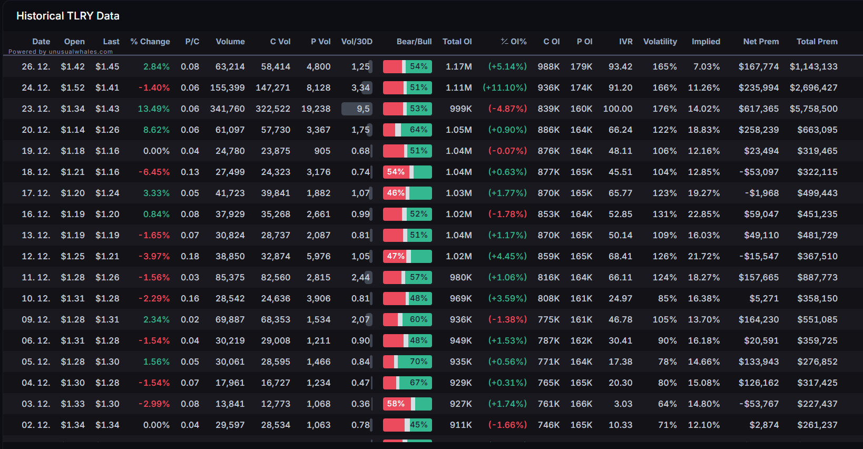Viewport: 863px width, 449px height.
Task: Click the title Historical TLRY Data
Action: coord(68,16)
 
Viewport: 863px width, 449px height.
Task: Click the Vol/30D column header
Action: coord(357,42)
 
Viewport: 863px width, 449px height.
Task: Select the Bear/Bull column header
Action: coord(414,42)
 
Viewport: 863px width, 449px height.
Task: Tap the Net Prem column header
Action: coord(761,42)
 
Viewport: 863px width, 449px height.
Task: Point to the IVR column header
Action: coord(626,42)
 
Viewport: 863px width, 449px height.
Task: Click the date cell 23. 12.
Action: coord(36,109)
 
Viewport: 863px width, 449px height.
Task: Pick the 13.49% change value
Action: coord(154,109)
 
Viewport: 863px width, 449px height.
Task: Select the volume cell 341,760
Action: coord(227,109)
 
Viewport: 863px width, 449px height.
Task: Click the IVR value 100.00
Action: coord(617,109)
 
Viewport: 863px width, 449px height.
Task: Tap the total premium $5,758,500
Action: coord(813,109)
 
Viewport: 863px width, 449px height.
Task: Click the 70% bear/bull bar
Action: coord(407,362)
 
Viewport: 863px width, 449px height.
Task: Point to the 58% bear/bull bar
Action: coord(407,404)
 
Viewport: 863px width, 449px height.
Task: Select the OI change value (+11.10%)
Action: coord(505,87)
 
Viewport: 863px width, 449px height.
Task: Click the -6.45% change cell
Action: coord(154,172)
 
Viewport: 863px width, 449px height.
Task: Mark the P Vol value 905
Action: coord(322,151)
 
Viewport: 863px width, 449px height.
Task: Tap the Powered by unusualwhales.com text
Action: coord(61,52)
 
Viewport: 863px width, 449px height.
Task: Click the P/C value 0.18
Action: coord(190,256)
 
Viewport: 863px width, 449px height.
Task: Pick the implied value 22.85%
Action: coord(704,214)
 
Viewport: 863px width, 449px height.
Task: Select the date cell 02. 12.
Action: coord(36,425)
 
